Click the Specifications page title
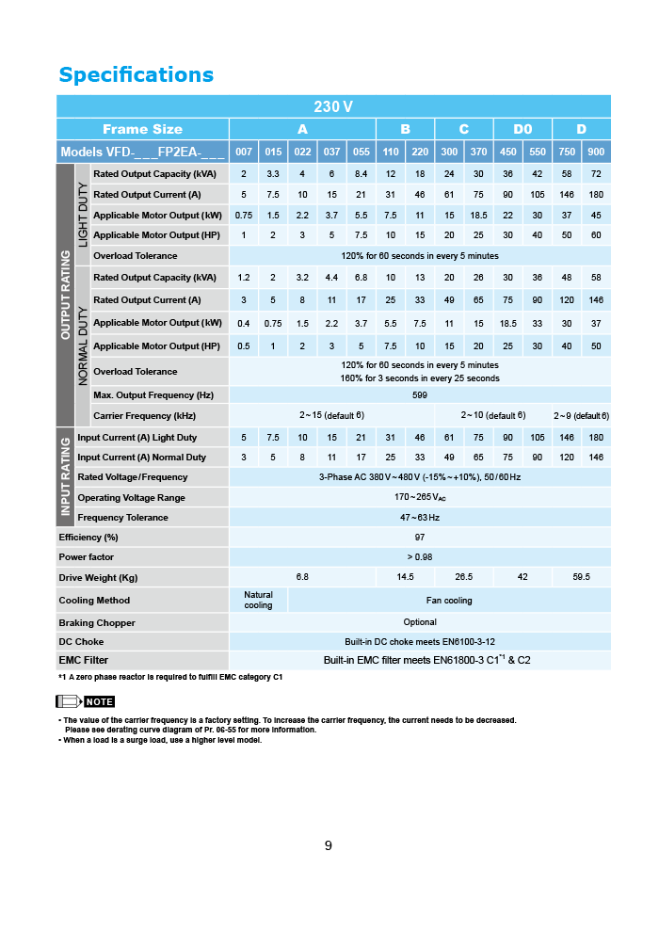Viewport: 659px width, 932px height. (x=137, y=75)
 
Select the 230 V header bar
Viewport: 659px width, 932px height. (x=333, y=106)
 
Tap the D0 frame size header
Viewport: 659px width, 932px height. (x=522, y=129)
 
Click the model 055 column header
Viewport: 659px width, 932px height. (x=362, y=152)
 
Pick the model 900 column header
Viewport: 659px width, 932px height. (x=596, y=152)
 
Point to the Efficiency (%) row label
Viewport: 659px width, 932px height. (x=88, y=537)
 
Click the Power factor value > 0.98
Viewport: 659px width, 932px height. (x=420, y=556)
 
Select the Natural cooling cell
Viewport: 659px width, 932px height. (x=258, y=600)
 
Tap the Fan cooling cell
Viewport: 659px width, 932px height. (x=449, y=600)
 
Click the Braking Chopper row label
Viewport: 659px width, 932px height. (x=97, y=622)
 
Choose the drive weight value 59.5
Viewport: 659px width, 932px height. (x=581, y=577)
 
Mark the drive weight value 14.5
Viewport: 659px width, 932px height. (x=406, y=577)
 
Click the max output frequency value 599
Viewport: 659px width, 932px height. (x=420, y=395)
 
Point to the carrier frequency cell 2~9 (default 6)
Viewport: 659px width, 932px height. (x=581, y=415)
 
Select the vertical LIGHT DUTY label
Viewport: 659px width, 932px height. (x=83, y=215)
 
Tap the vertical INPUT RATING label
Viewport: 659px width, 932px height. (x=66, y=477)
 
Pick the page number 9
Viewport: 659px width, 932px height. (x=329, y=845)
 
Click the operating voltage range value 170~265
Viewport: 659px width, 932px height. (x=420, y=497)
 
